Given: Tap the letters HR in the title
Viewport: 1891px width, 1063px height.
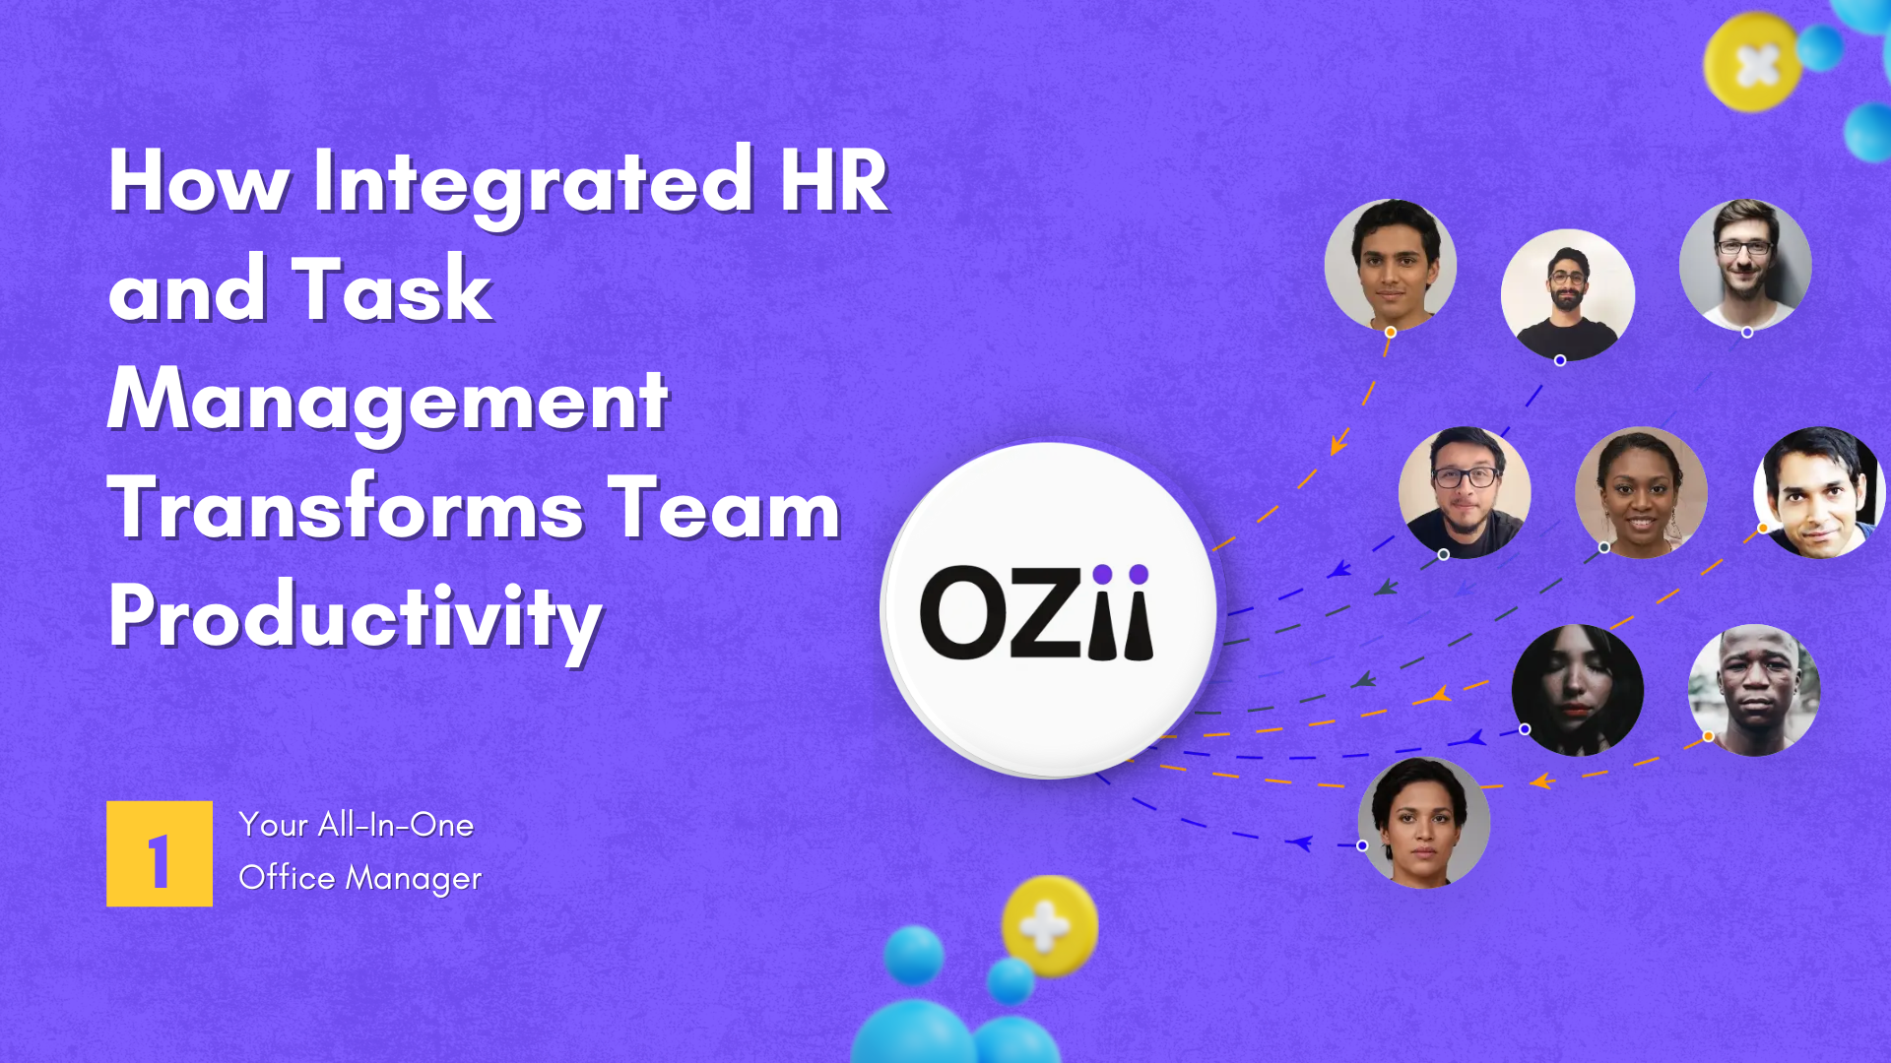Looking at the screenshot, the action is (x=834, y=181).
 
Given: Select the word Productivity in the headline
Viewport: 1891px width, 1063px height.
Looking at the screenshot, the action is (x=355, y=620).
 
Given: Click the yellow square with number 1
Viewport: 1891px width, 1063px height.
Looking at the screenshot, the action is (x=160, y=853).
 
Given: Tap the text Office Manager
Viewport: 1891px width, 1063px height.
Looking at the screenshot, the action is (x=359, y=878).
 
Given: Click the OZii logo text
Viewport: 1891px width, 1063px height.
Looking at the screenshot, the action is (x=1036, y=611).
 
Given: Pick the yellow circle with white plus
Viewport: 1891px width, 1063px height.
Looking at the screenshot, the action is (x=1049, y=926).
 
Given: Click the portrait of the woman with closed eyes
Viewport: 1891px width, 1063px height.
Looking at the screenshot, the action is (x=1578, y=690).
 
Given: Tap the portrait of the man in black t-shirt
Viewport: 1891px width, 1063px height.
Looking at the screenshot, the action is (x=1568, y=295).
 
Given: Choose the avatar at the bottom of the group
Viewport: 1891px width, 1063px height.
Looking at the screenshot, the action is (x=1424, y=823).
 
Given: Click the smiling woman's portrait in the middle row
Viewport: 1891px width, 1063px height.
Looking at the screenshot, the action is (x=1641, y=492).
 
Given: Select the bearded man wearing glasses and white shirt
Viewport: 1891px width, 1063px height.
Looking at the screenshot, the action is (x=1745, y=265).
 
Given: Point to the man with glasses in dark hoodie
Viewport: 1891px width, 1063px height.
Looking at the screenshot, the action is (x=1465, y=492).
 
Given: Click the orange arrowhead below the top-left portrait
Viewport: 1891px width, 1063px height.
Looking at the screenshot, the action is (x=1338, y=442).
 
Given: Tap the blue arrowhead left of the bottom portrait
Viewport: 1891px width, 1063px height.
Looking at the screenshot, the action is (x=1302, y=843).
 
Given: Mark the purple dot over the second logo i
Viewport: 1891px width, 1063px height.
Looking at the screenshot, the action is (x=1139, y=574).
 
